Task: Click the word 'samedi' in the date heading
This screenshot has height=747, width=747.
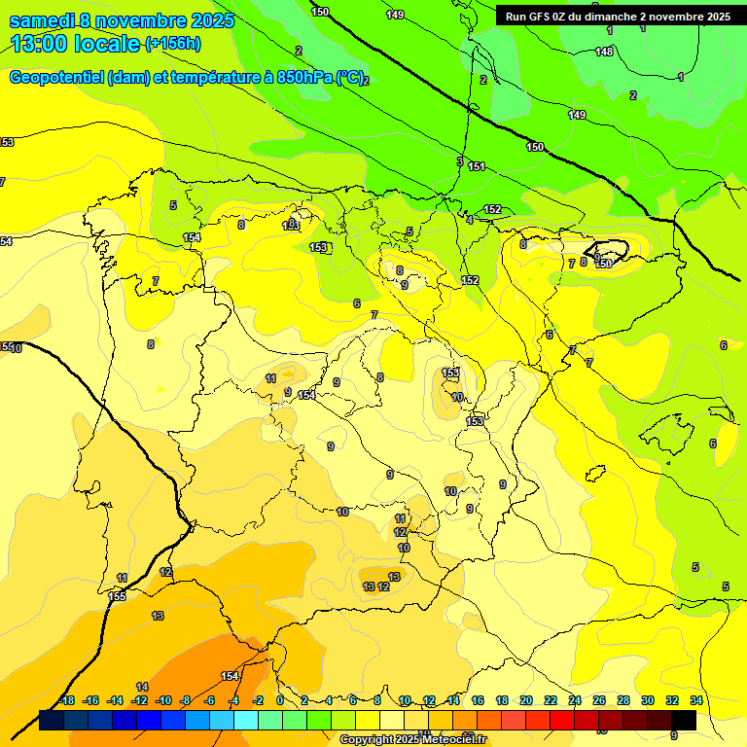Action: point(42,20)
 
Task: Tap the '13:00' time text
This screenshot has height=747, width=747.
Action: point(39,43)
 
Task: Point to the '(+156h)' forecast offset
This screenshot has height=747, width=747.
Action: point(173,44)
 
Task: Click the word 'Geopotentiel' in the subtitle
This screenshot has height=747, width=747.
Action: point(55,78)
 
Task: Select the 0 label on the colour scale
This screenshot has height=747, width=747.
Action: point(280,700)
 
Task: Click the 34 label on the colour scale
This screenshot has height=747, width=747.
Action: point(695,700)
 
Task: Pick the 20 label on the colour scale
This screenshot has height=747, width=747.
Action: point(525,700)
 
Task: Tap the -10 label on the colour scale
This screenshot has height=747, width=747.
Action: point(163,700)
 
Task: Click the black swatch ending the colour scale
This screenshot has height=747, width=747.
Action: point(684,720)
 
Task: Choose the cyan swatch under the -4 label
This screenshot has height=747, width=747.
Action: point(245,720)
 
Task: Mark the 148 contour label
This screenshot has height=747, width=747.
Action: point(604,52)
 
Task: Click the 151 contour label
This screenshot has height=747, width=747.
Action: point(477,167)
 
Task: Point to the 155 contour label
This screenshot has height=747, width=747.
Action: point(118,596)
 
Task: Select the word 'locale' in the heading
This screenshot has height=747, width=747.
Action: point(106,43)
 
